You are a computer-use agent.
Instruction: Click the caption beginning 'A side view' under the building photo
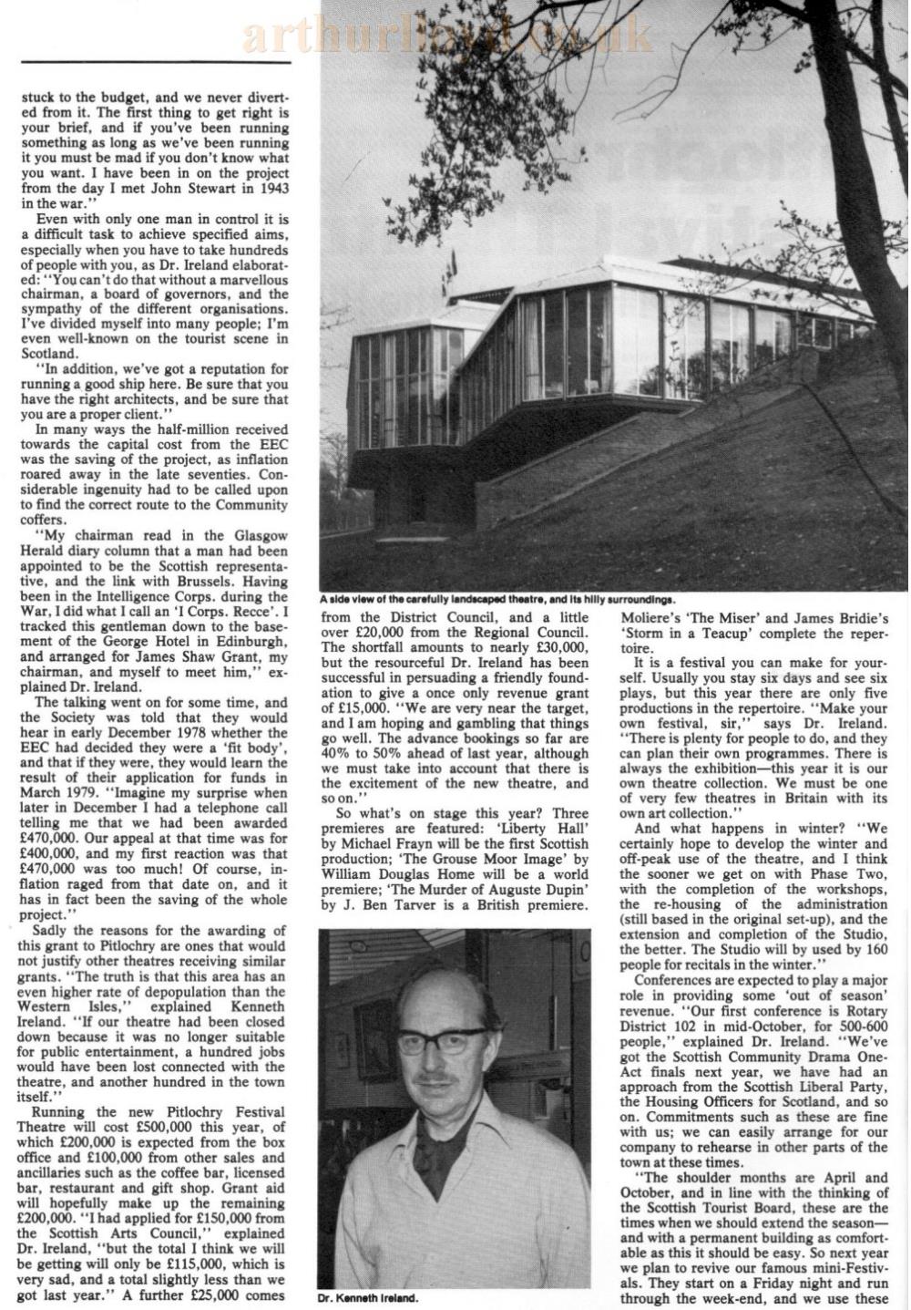pos(496,600)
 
